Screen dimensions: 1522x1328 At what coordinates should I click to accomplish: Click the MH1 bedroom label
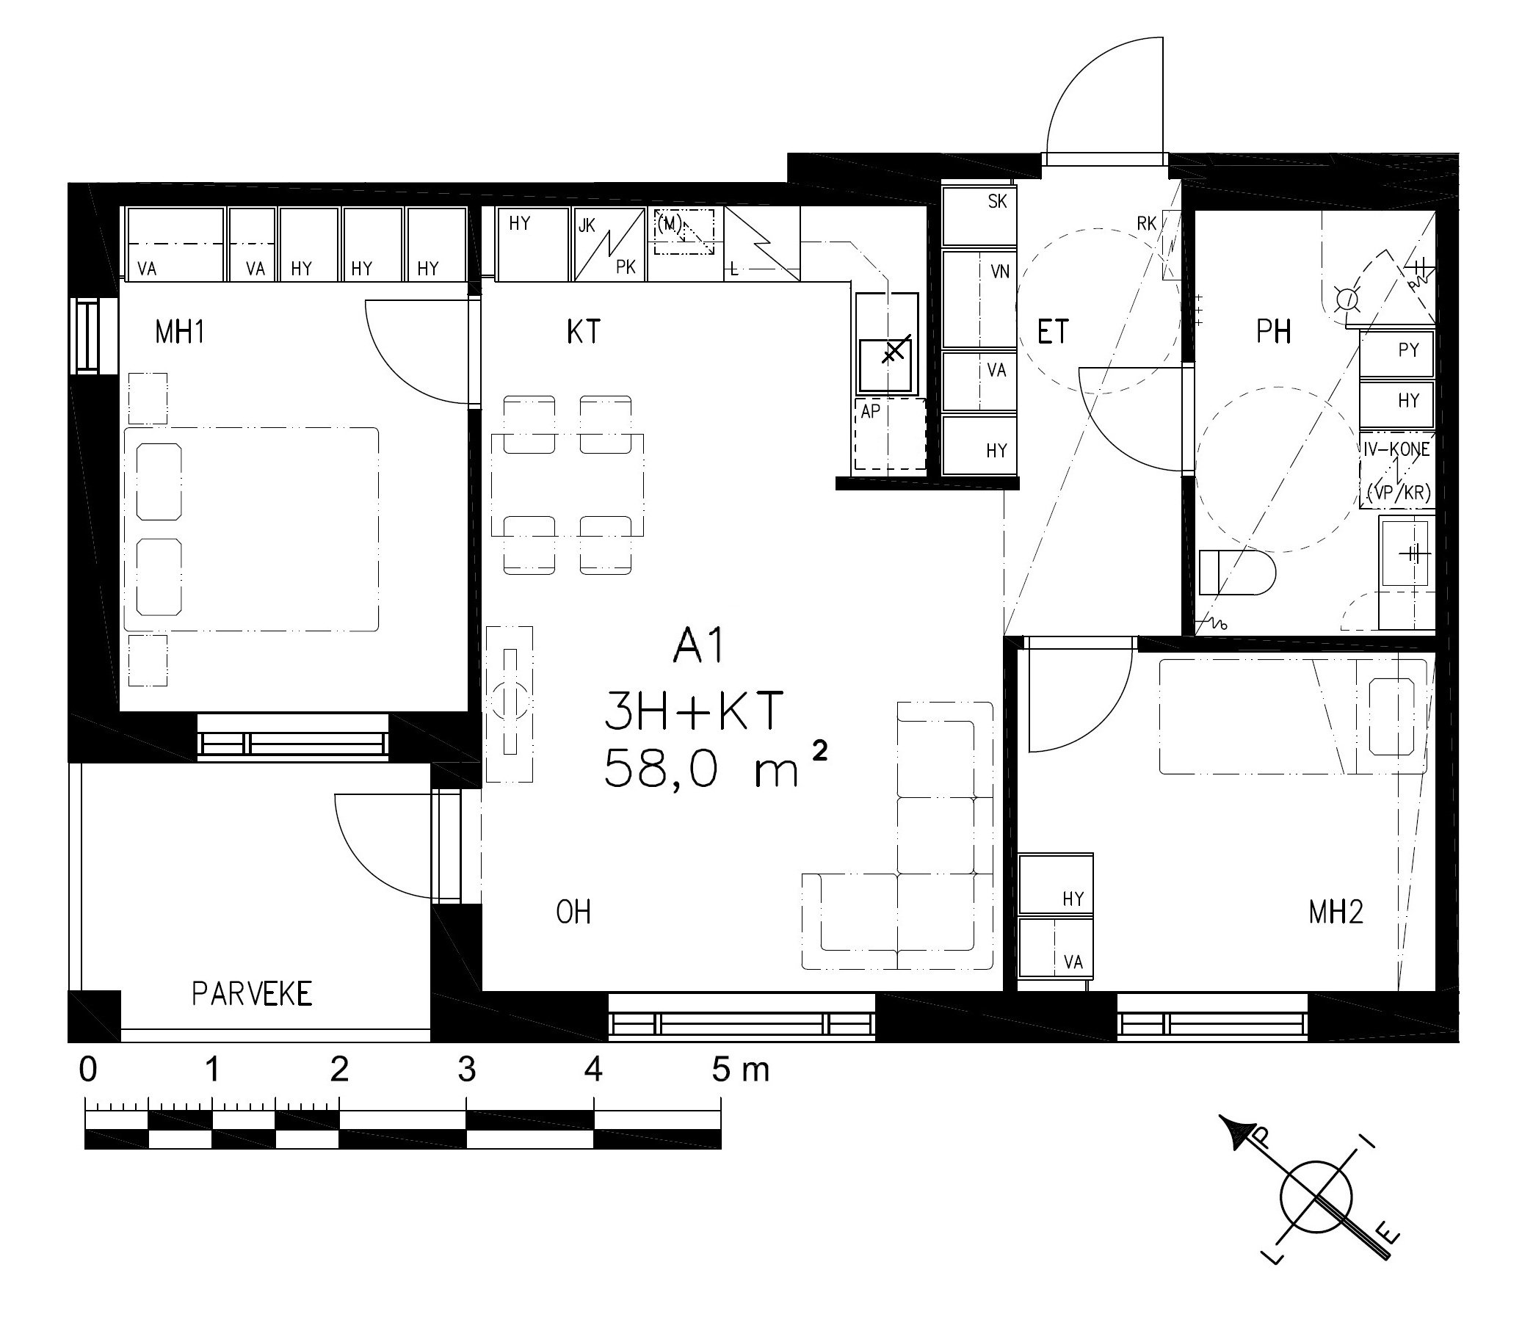click(x=179, y=332)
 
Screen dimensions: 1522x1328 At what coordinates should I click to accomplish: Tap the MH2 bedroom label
click(x=1336, y=912)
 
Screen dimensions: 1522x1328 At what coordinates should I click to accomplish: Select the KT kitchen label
click(x=583, y=332)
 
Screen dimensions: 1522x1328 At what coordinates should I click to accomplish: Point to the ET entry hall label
click(x=1053, y=332)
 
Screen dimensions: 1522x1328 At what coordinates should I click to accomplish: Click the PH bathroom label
click(x=1274, y=332)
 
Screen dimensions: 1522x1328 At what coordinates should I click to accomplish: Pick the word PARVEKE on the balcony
click(x=252, y=994)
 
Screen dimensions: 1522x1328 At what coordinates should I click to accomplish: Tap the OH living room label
click(x=573, y=912)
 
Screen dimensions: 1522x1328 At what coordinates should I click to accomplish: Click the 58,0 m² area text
click(x=715, y=768)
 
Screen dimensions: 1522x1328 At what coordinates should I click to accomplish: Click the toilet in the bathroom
click(x=1236, y=572)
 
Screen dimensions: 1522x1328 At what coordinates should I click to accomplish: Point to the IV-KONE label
click(x=1396, y=449)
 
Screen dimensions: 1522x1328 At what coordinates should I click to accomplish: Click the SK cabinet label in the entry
click(x=997, y=202)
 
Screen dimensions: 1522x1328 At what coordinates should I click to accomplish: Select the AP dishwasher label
click(x=870, y=411)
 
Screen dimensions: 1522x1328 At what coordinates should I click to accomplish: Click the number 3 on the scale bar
click(x=466, y=1070)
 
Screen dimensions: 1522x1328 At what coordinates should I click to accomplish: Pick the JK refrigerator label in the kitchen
click(x=587, y=225)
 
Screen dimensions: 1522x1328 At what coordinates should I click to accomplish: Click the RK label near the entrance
click(x=1146, y=223)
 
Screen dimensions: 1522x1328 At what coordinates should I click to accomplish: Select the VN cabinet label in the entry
click(x=999, y=272)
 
